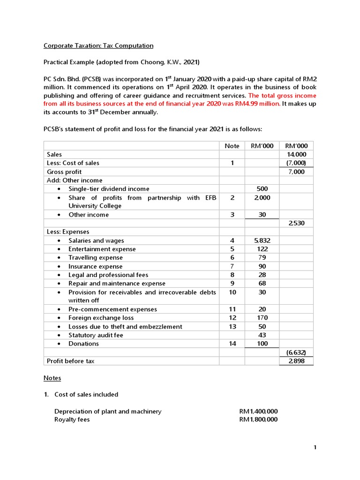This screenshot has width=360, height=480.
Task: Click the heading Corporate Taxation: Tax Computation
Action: (98, 45)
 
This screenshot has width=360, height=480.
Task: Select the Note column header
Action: (232, 146)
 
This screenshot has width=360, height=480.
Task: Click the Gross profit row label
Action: (64, 172)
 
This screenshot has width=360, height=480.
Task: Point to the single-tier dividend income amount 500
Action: (262, 188)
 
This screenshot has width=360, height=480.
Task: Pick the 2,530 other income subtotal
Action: (296, 223)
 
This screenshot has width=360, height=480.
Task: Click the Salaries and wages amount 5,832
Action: (262, 240)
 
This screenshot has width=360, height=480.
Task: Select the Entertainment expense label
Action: (102, 249)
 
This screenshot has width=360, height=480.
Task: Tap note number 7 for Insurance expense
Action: (232, 266)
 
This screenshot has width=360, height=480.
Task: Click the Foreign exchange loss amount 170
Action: (262, 318)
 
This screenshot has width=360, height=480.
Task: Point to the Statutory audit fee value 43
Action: (262, 335)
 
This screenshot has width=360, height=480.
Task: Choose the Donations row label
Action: (83, 344)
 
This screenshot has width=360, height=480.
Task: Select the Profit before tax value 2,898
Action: (296, 361)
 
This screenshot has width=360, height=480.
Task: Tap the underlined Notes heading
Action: (52, 378)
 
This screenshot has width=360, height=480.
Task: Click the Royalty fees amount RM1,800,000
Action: (258, 420)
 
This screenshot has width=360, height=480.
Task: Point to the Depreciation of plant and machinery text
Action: (108, 411)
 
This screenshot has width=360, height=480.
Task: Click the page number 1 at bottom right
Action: (315, 448)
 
